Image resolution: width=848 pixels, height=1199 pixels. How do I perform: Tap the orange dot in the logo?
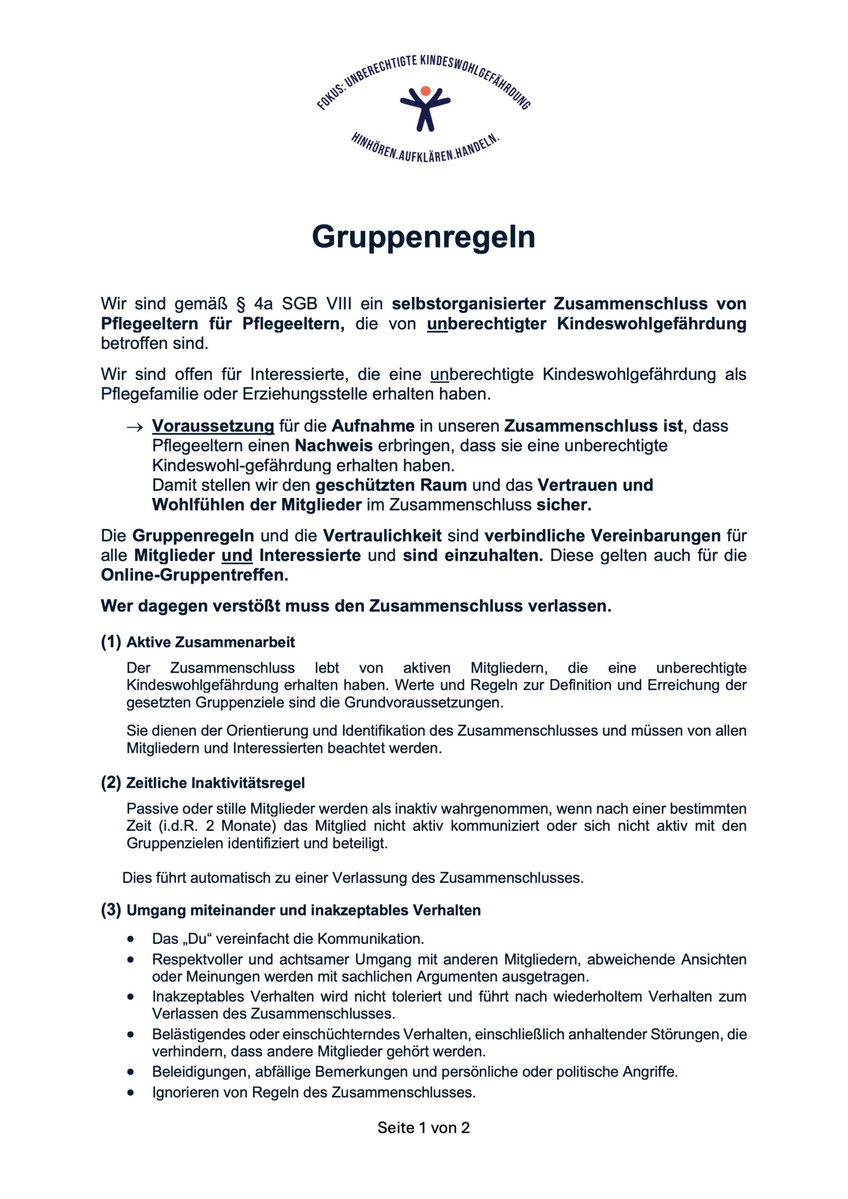click(426, 91)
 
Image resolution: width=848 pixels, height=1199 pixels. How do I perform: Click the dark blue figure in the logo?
click(425, 110)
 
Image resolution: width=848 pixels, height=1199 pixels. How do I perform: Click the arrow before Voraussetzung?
click(135, 427)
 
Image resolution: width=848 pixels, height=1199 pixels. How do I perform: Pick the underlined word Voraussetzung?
click(213, 426)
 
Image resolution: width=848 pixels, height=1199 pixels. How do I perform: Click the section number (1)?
click(111, 642)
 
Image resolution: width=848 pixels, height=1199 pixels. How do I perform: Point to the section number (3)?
click(111, 910)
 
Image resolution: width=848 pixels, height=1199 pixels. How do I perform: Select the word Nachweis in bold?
click(334, 446)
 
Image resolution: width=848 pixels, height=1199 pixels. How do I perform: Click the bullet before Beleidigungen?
click(131, 1072)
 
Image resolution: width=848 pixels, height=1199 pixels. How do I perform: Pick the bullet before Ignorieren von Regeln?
click(131, 1093)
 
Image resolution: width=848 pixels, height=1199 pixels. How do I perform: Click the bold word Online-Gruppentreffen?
click(194, 575)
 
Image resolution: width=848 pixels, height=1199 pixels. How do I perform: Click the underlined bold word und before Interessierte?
click(237, 555)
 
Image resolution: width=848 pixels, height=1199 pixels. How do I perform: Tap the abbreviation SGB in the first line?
click(300, 304)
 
